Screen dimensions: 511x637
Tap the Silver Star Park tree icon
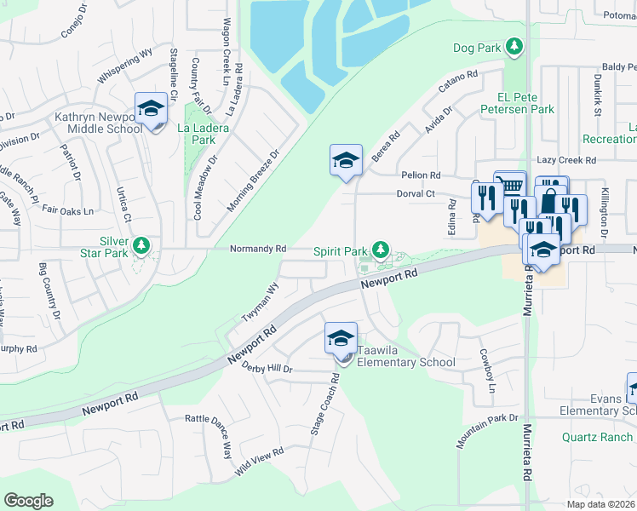[141, 246]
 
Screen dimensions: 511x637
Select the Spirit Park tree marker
[382, 250]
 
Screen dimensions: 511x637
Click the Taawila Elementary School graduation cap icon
[341, 338]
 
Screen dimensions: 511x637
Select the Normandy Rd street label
[258, 249]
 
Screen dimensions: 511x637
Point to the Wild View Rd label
[259, 461]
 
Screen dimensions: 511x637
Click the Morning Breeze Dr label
[254, 181]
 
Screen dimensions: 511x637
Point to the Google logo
[28, 501]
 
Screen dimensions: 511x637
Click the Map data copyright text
[600, 504]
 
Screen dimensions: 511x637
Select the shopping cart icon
[510, 185]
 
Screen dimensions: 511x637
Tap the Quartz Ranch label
[597, 437]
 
